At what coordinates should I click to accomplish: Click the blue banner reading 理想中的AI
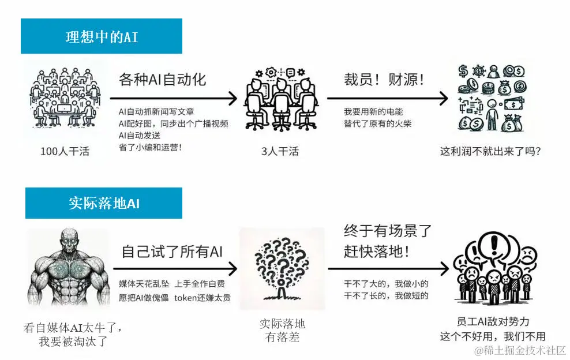pos(102,37)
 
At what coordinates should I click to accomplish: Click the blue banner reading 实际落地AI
pos(104,203)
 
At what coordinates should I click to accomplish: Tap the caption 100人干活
pos(64,152)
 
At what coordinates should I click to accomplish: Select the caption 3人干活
pos(280,152)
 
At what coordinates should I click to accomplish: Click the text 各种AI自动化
pos(162,80)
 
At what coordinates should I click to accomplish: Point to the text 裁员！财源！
pos(384,80)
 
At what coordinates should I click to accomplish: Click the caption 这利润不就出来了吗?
pos(490,152)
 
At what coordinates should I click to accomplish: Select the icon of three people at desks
pos(281,98)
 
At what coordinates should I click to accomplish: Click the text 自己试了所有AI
pos(172,252)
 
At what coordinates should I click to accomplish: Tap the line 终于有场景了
pos(387,231)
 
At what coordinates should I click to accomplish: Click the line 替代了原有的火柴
pos(377,123)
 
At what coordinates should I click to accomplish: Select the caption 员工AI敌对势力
pos(492,322)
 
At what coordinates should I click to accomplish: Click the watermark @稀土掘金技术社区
pos(520,350)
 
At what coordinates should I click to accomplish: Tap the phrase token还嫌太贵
pos(202,298)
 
